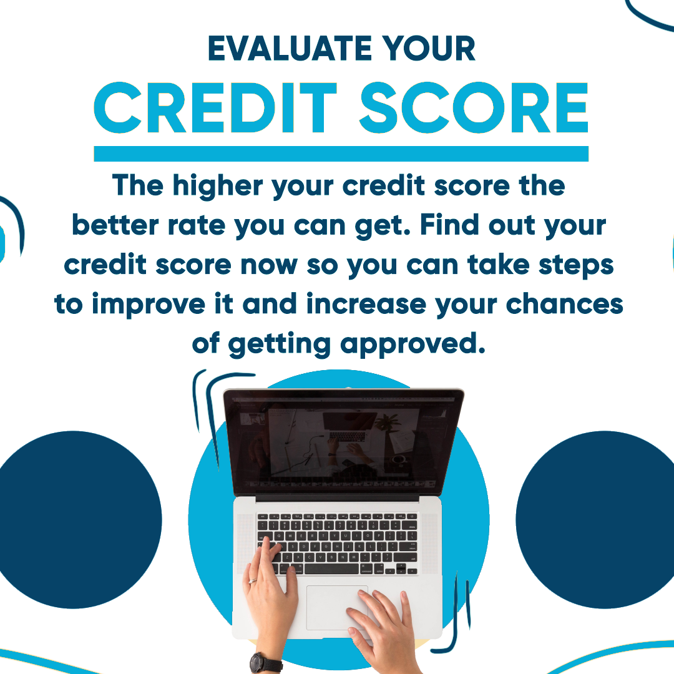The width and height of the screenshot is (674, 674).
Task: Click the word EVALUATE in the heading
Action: [290, 48]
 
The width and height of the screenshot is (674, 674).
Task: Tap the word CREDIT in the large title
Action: [215, 107]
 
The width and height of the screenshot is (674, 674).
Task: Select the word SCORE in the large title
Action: [474, 107]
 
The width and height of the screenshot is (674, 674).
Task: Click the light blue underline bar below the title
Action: [341, 154]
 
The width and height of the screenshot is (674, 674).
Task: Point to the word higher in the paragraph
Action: [218, 186]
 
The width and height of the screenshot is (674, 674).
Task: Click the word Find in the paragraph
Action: [449, 225]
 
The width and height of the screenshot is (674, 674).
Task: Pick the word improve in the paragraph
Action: [149, 305]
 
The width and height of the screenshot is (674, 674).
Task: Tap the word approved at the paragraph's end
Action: [413, 344]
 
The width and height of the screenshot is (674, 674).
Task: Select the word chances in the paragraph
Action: [564, 304]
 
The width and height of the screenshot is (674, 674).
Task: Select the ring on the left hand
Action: [253, 581]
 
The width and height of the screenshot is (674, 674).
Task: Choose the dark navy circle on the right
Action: [597, 520]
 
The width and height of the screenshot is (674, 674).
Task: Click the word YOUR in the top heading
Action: [429, 48]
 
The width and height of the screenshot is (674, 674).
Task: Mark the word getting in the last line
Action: [279, 344]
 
